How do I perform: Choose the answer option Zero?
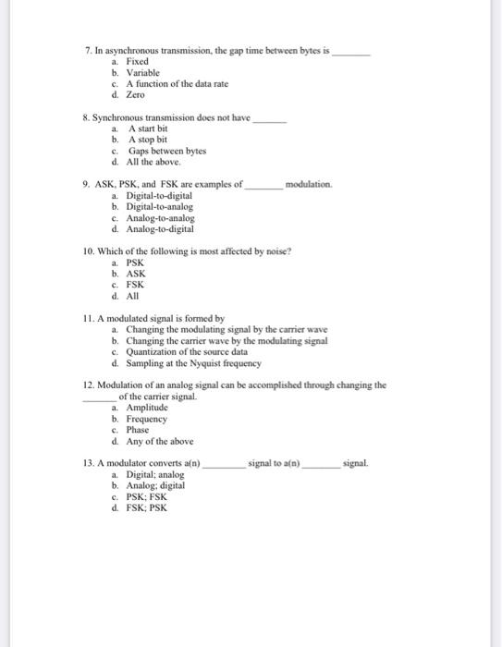(x=136, y=95)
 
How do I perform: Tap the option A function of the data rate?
(x=177, y=84)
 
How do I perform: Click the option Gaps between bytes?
(x=166, y=151)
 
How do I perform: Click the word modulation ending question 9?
(x=310, y=185)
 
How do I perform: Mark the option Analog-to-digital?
(x=161, y=228)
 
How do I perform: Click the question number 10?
(x=90, y=251)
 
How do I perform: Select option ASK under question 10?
(x=136, y=274)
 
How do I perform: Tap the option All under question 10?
(x=133, y=296)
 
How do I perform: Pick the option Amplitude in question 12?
(x=146, y=408)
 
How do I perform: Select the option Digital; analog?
(x=154, y=474)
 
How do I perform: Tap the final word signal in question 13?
(x=355, y=462)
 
